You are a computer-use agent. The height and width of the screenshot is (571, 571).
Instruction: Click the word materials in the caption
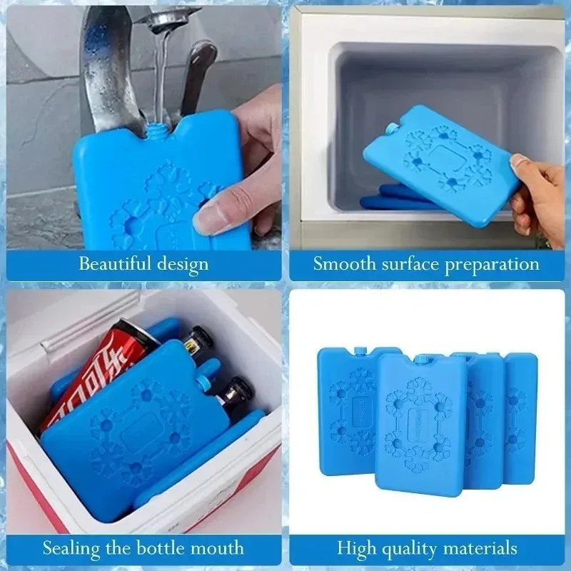pos(478,549)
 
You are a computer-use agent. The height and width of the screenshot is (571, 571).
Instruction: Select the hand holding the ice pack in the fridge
pos(539,200)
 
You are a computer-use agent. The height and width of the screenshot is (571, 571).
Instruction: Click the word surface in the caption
pos(409,263)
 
